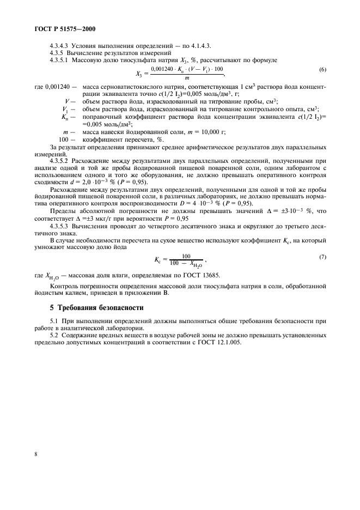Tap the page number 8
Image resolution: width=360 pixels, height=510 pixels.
coord(36,467)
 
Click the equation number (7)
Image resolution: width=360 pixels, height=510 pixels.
coord(322,256)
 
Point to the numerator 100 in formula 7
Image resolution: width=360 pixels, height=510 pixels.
coord(186,256)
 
